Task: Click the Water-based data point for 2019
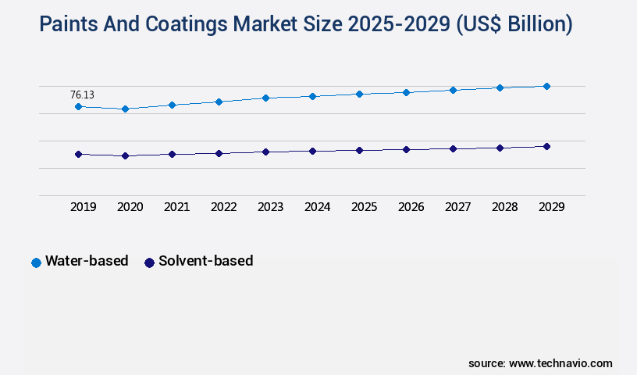(78, 106)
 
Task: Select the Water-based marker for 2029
(546, 86)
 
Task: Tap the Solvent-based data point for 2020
(125, 155)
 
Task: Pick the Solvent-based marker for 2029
(546, 146)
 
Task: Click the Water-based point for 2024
(312, 96)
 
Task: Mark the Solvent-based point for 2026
(406, 149)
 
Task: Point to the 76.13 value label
(82, 95)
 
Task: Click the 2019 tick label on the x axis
(84, 207)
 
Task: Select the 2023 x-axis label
(271, 207)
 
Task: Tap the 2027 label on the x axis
(458, 207)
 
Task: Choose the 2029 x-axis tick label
(552, 207)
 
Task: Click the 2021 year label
(177, 207)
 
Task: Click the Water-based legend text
(87, 261)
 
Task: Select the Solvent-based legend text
(205, 261)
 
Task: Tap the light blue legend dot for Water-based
(36, 262)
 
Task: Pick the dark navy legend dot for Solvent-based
(149, 262)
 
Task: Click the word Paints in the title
(71, 25)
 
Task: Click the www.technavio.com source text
(560, 363)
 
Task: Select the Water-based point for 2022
(219, 102)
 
